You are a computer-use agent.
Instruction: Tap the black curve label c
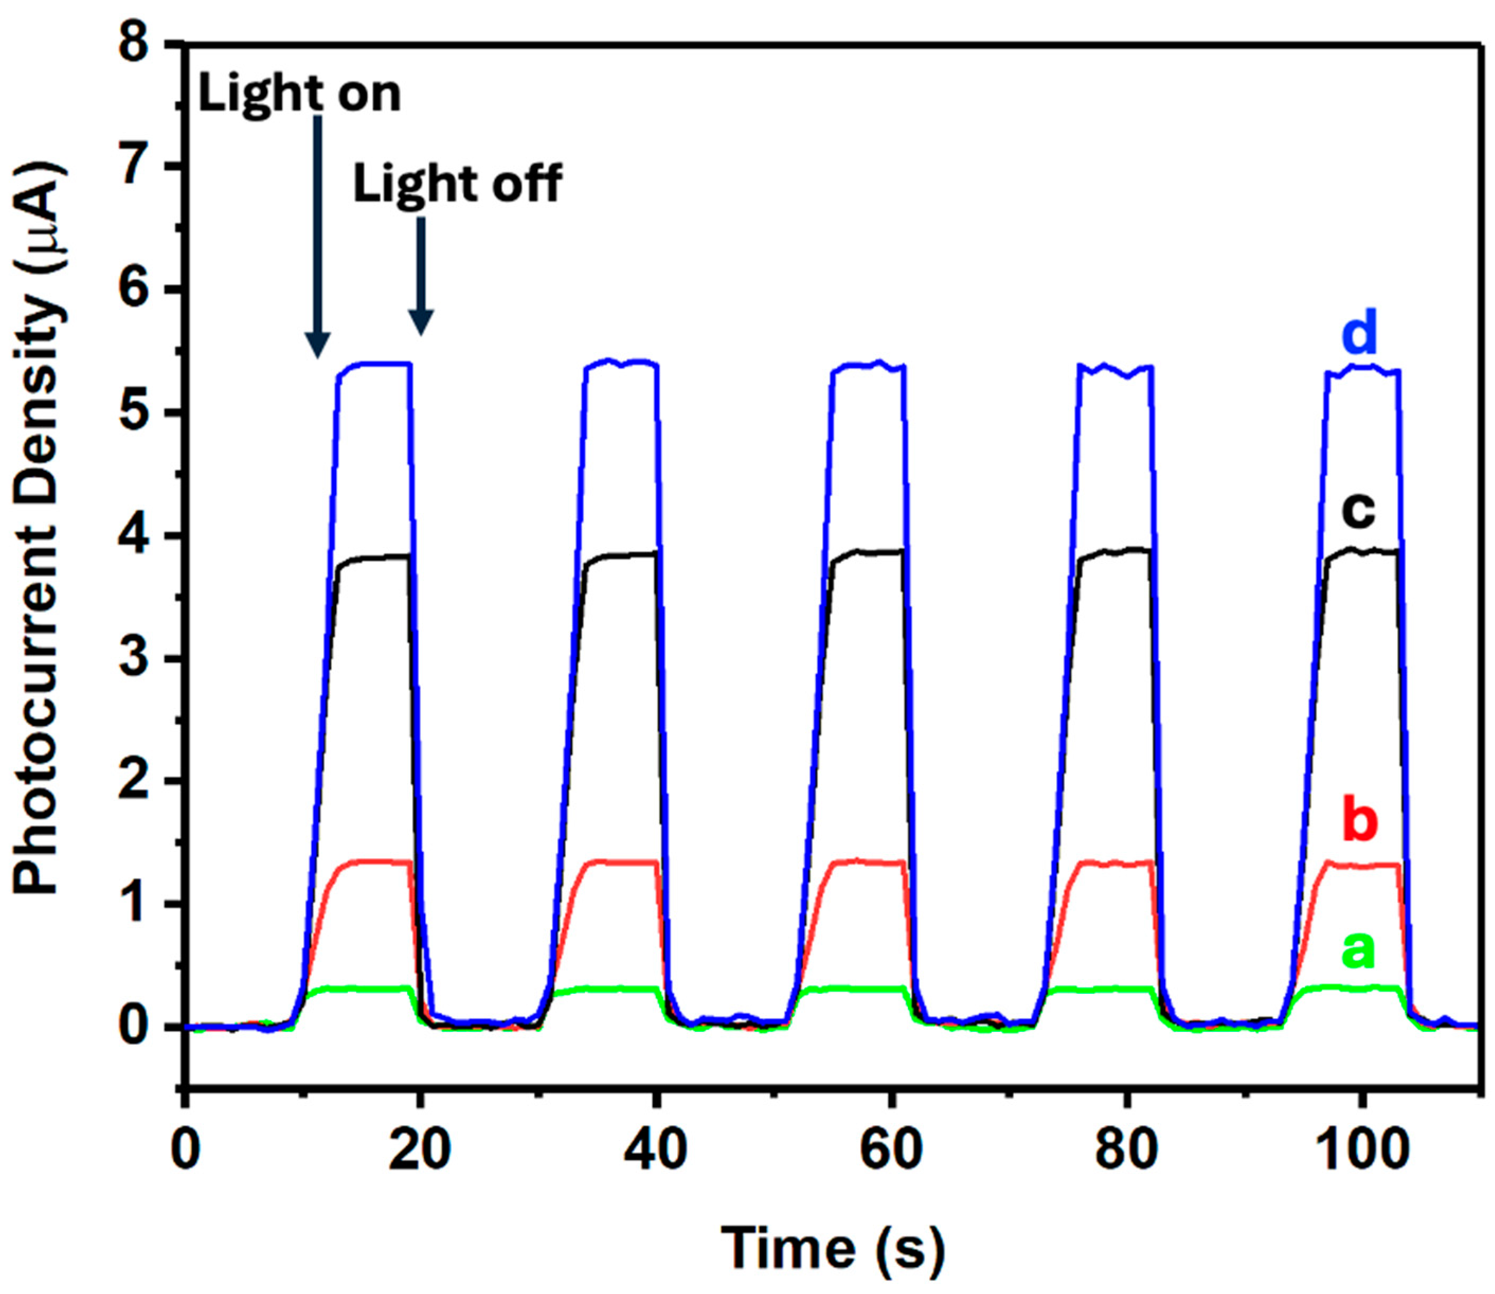pyautogui.click(x=1358, y=511)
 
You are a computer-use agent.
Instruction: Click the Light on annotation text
pyautogui.click(x=299, y=94)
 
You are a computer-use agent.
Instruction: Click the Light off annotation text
pyautogui.click(x=457, y=185)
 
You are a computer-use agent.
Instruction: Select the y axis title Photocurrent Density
pyautogui.click(x=40, y=531)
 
